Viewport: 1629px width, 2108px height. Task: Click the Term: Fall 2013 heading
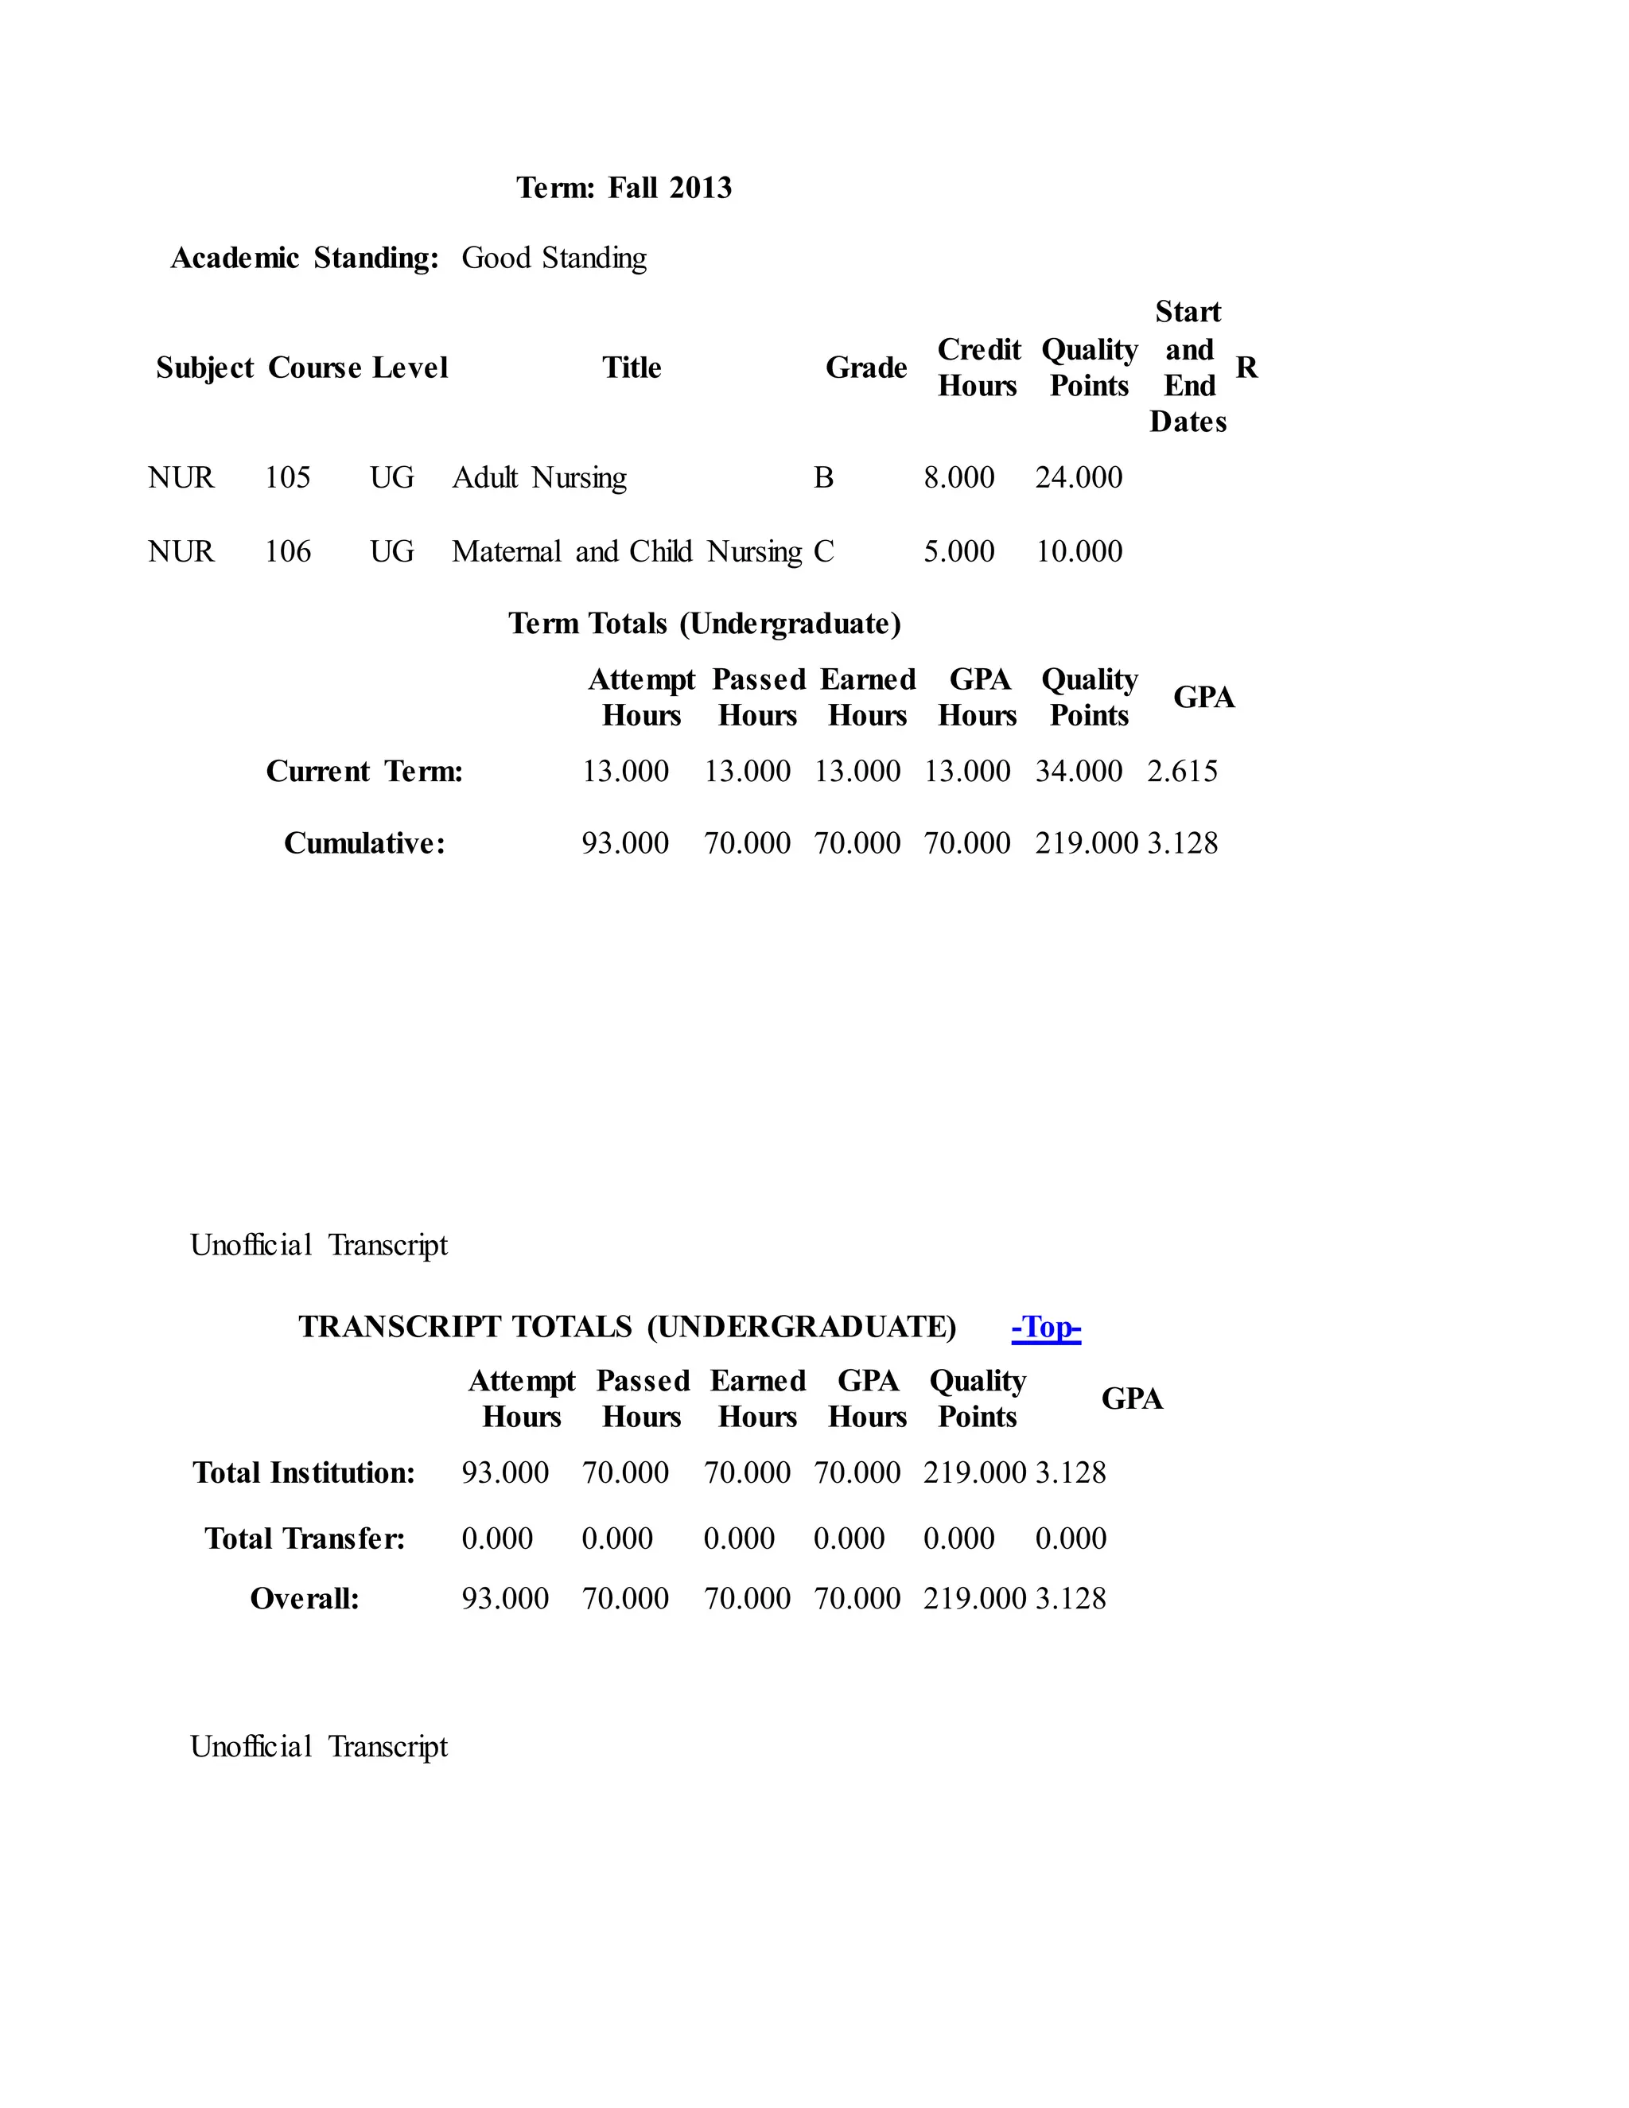coord(624,187)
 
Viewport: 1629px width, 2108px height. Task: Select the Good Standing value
coord(554,258)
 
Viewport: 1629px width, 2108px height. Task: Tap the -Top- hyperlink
coord(1046,1327)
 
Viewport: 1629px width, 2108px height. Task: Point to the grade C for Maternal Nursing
coord(823,552)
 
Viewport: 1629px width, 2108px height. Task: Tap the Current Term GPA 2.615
coord(1182,771)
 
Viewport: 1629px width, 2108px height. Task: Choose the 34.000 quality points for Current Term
coord(1079,771)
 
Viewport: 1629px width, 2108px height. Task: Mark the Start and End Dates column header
coord(1188,367)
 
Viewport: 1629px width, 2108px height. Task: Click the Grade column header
coord(865,368)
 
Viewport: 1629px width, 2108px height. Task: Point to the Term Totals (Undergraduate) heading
coord(705,624)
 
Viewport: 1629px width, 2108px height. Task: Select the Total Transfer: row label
coord(304,1538)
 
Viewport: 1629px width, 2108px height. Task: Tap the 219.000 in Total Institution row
coord(974,1473)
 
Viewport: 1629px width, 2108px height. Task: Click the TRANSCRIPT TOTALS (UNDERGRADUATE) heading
coord(628,1327)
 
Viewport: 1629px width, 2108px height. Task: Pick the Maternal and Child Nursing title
coord(626,552)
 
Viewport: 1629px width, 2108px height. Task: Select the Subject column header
coord(204,368)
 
